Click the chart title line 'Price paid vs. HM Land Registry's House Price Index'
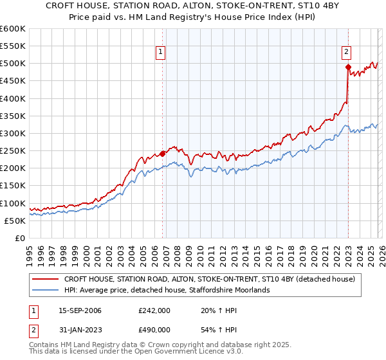(x=193, y=17)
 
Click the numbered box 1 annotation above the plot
(x=160, y=53)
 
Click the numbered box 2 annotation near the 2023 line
(x=346, y=53)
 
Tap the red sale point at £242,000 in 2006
(x=162, y=154)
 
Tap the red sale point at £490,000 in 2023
(x=348, y=67)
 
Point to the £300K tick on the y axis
(x=13, y=134)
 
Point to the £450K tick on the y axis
(x=13, y=81)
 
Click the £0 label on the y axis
(x=19, y=239)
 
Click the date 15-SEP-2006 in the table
(x=80, y=310)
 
